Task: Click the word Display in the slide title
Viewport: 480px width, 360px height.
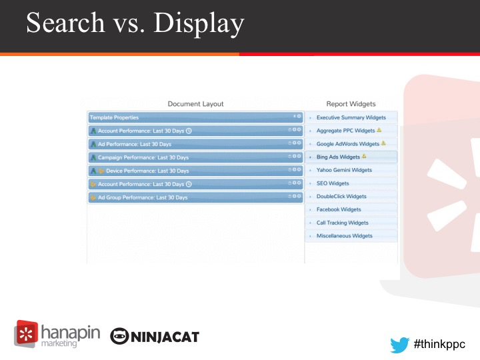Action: (199, 23)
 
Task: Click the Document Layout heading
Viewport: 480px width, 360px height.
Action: (195, 104)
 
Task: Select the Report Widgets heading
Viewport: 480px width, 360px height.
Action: (351, 104)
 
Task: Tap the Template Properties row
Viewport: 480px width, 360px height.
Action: (195, 117)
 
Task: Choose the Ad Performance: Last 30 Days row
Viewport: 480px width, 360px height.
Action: (195, 144)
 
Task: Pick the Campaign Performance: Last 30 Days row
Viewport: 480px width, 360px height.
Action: (195, 157)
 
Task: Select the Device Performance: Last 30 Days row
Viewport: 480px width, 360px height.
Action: (195, 171)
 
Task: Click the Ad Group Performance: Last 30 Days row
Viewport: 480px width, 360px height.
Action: (195, 197)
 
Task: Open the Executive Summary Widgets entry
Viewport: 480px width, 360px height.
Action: (351, 117)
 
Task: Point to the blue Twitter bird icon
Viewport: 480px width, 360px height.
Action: (400, 345)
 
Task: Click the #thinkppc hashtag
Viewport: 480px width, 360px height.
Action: (439, 345)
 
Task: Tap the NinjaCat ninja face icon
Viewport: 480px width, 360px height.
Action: (119, 336)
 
